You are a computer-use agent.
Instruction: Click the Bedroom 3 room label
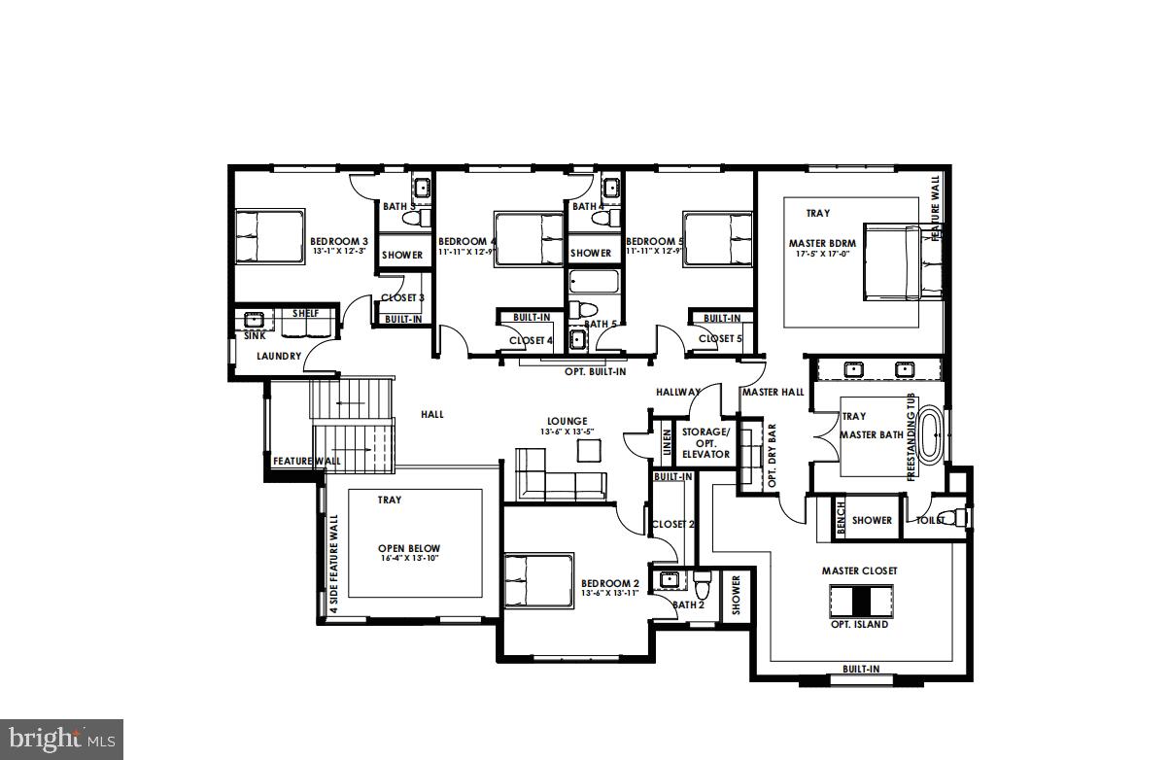tap(338, 241)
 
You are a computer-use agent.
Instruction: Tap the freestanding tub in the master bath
tap(931, 435)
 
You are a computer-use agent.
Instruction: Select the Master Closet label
tap(859, 570)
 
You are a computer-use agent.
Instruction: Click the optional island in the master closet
tap(859, 601)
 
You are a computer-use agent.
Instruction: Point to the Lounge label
tap(567, 421)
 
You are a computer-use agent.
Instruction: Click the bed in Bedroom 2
tap(538, 580)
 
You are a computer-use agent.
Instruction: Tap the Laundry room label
tap(279, 357)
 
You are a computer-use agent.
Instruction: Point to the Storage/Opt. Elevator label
tap(705, 442)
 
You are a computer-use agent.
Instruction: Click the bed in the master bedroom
tap(902, 262)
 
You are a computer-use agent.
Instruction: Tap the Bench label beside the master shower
tap(841, 520)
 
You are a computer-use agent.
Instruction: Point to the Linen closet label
tap(667, 442)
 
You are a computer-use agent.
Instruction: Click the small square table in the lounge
tap(589, 450)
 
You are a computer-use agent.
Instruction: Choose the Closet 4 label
tap(531, 340)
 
